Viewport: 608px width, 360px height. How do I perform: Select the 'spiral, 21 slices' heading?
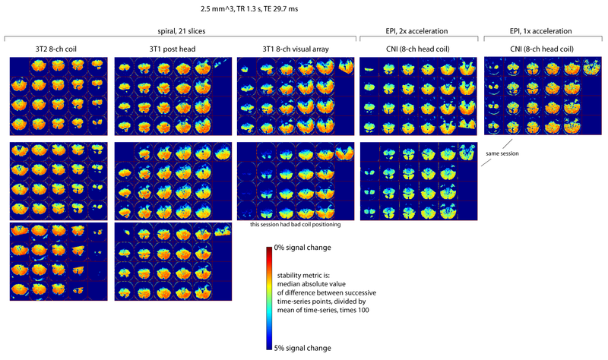(x=181, y=31)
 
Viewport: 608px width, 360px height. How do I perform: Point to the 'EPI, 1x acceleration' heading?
(x=542, y=31)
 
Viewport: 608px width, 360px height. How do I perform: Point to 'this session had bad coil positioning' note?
(x=295, y=225)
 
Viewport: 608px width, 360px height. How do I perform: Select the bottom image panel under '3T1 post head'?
(x=172, y=261)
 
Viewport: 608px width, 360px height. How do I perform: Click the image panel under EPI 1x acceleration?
(x=542, y=96)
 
